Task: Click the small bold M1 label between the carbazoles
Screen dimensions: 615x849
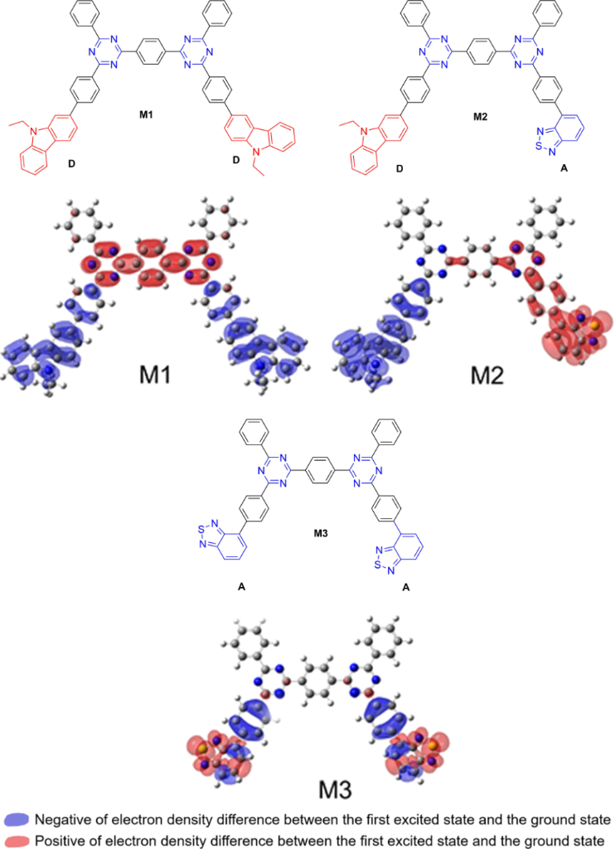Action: [146, 114]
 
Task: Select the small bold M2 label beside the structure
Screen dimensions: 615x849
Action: [480, 116]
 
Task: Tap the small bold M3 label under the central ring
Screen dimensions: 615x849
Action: [321, 533]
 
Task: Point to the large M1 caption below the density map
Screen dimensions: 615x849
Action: [155, 375]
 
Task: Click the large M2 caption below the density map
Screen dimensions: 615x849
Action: [487, 375]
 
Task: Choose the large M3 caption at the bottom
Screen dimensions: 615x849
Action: [335, 790]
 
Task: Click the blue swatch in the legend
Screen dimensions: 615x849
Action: [17, 820]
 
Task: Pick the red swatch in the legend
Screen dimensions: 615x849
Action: [17, 841]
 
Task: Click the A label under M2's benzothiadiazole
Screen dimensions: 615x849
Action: [564, 168]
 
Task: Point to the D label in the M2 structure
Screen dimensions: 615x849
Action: [400, 168]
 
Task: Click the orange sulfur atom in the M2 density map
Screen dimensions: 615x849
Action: [594, 325]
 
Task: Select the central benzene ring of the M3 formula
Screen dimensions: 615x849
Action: [321, 470]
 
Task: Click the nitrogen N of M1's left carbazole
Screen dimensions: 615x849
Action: [33, 130]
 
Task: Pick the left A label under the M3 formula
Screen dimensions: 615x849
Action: [241, 586]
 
